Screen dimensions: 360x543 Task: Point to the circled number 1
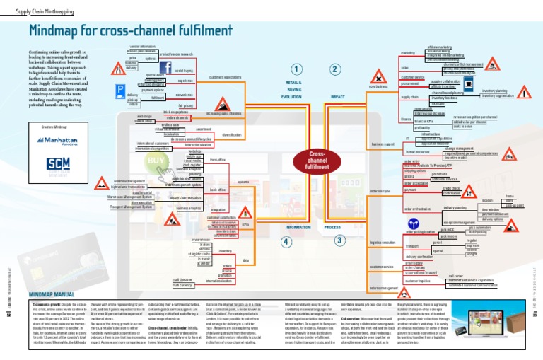[x=296, y=69]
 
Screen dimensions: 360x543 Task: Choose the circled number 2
[x=334, y=69]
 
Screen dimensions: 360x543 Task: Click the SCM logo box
[x=54, y=168]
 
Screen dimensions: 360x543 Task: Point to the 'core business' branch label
[x=379, y=87]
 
